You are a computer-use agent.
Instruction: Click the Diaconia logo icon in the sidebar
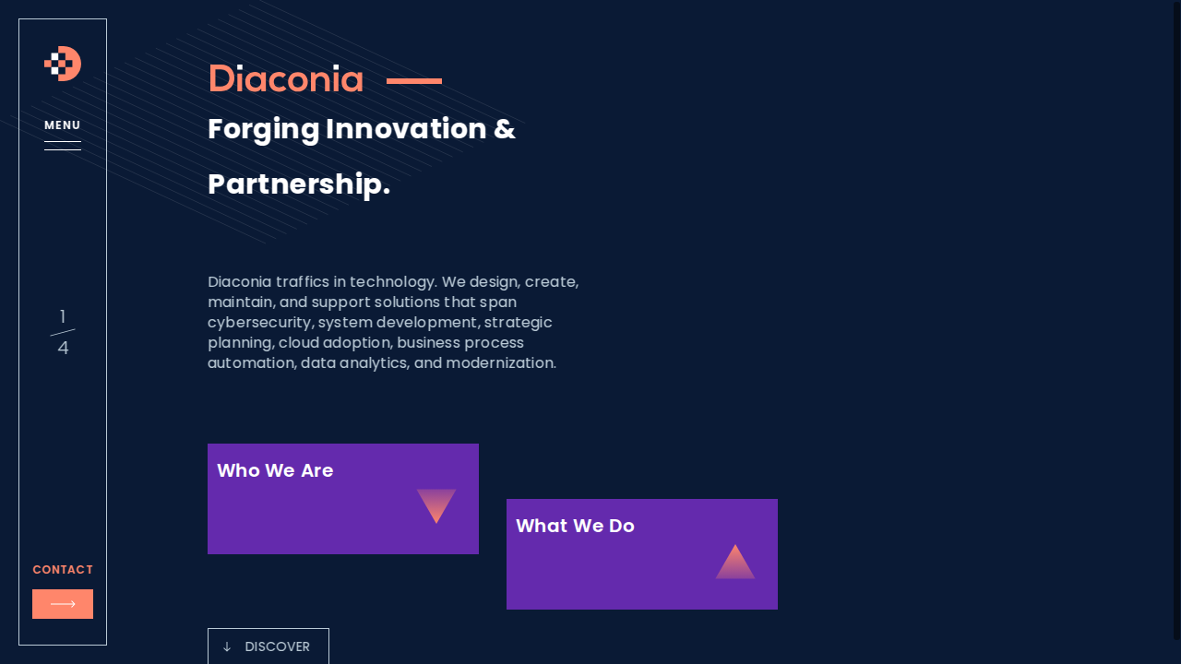tap(63, 64)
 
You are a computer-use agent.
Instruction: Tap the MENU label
tap(62, 125)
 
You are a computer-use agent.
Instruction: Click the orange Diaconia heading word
tap(286, 79)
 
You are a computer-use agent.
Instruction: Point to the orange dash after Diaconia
tap(414, 80)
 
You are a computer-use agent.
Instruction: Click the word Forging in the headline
tap(264, 130)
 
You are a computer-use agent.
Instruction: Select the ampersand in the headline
tap(505, 129)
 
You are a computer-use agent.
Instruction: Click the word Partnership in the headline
tap(299, 184)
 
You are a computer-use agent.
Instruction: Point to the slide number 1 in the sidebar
tap(63, 316)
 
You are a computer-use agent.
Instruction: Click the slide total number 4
tap(63, 348)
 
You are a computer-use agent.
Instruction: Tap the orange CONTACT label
tap(63, 570)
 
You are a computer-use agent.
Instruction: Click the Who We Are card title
tap(275, 470)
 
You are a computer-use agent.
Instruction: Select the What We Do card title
tap(575, 526)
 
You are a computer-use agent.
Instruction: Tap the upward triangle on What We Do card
tap(735, 562)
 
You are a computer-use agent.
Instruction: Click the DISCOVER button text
tap(278, 646)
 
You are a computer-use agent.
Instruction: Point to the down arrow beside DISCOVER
tap(227, 646)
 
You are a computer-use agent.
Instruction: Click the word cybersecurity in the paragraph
tap(260, 323)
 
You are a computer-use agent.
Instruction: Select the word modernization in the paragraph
tap(501, 363)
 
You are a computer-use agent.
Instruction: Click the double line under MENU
tap(63, 146)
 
